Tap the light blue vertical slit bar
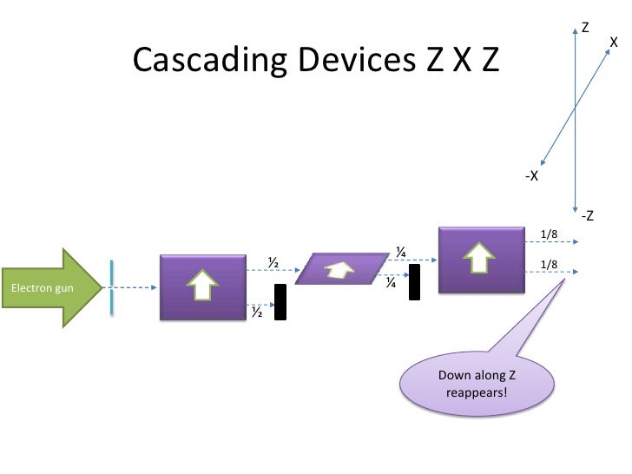tap(112, 287)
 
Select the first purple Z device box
tap(201, 287)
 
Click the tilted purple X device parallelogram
tap(340, 269)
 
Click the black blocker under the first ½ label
tap(280, 301)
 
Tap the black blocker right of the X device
tap(414, 282)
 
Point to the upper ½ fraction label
tap(272, 261)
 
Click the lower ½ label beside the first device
tap(257, 311)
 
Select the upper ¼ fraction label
tap(401, 252)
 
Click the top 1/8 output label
tap(548, 234)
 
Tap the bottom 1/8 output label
tap(548, 264)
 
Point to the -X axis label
tap(531, 176)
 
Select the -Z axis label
tap(587, 215)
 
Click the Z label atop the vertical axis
tap(585, 28)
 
